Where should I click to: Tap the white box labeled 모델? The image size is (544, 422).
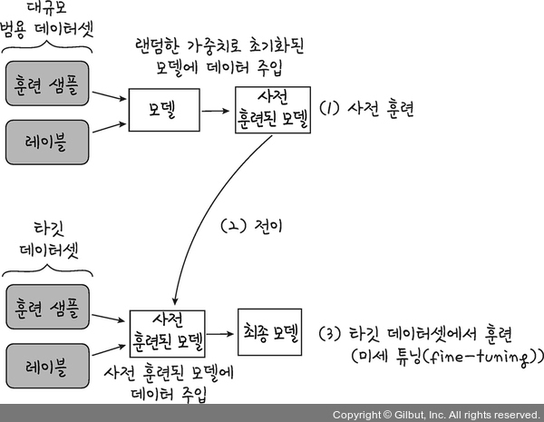tap(162, 110)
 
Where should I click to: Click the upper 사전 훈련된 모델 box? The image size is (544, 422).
tap(272, 110)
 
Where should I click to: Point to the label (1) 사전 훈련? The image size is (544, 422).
tap(367, 109)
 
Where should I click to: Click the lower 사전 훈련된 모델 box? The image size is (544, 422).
tap(168, 330)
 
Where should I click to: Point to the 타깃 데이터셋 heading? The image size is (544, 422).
tap(48, 238)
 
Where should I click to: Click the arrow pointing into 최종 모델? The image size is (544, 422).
tap(222, 331)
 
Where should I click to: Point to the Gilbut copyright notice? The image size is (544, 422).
tap(435, 414)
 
